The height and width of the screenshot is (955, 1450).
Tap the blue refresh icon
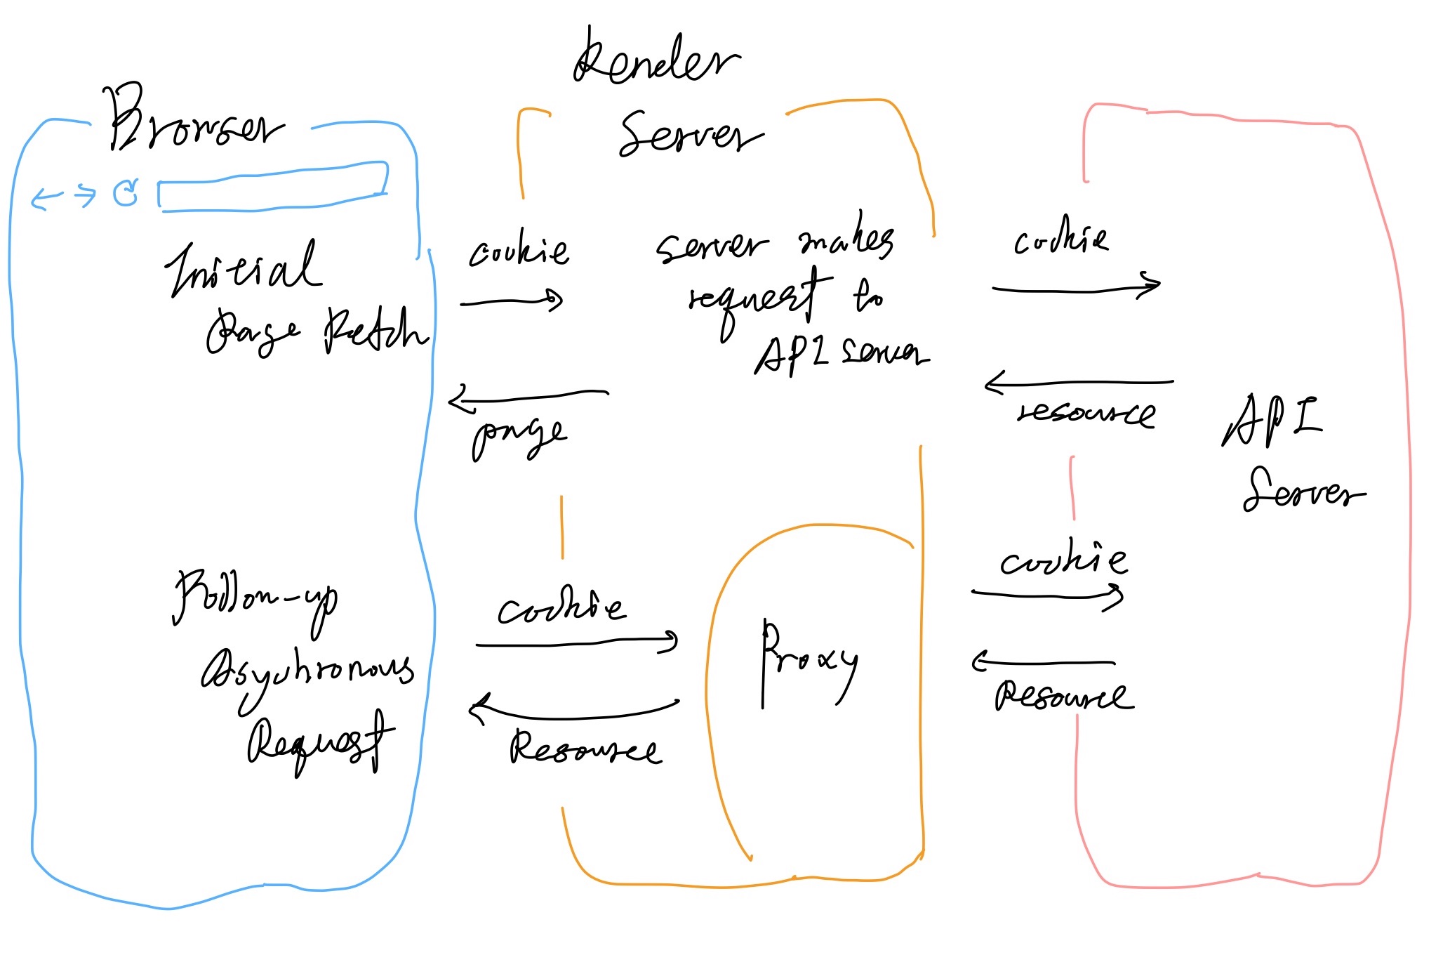point(126,193)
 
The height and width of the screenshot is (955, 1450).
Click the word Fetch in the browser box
point(375,331)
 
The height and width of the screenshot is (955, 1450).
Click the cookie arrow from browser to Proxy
point(576,642)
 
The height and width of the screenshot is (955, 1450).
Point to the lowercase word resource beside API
point(1086,414)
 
